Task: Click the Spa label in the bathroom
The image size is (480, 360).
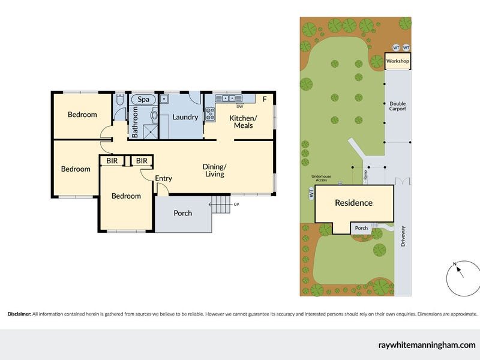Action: [x=143, y=99]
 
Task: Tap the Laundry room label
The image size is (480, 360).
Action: [x=185, y=117]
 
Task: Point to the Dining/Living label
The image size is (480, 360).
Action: [x=214, y=170]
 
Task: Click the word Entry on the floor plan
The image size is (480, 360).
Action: [x=163, y=178]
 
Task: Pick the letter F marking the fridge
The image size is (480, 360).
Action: [x=265, y=99]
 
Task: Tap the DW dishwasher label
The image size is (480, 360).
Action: [x=239, y=107]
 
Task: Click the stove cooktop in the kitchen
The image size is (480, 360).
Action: [x=210, y=114]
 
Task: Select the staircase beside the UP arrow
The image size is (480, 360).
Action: [x=222, y=205]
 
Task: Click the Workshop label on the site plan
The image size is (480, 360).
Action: [x=397, y=61]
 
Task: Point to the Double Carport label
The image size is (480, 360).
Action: [x=397, y=106]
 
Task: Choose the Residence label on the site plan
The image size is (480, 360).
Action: [x=353, y=203]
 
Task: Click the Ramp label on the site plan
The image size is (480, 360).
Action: [x=365, y=175]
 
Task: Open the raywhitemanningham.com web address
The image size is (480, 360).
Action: [x=427, y=345]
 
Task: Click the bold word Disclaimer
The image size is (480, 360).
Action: [x=19, y=314]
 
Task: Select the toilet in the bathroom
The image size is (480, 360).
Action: [x=119, y=101]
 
